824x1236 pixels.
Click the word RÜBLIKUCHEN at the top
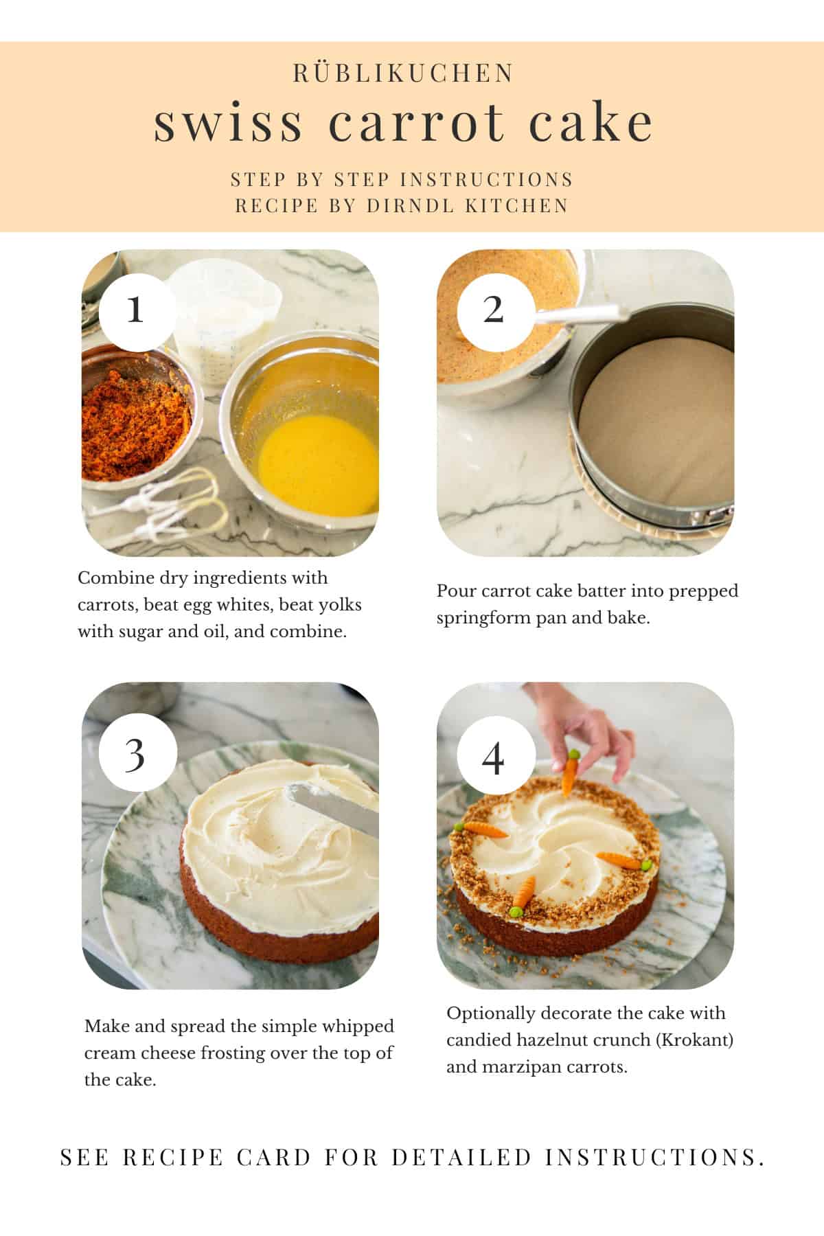pos(403,73)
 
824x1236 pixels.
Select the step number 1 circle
pos(135,310)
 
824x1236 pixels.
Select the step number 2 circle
pos(492,310)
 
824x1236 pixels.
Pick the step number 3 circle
pos(135,755)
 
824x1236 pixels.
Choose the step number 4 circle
pos(492,759)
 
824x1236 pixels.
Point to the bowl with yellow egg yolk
pos(309,433)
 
